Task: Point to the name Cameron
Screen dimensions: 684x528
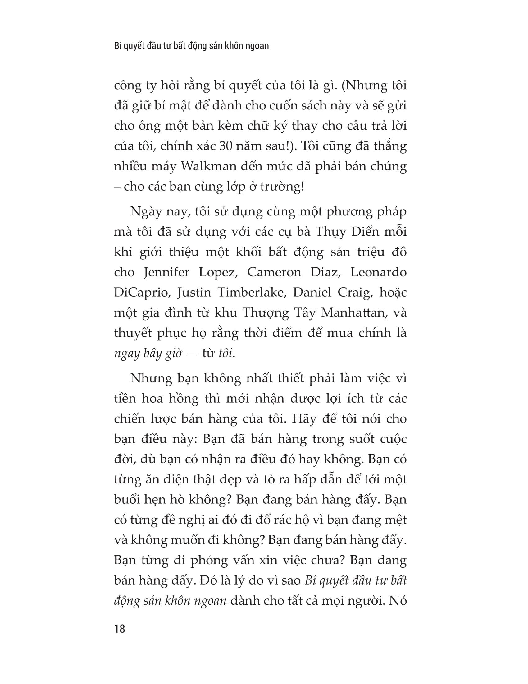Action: pyautogui.click(x=274, y=272)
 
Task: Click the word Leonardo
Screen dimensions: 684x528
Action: pyautogui.click(x=378, y=272)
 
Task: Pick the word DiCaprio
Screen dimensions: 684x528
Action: pyautogui.click(x=142, y=293)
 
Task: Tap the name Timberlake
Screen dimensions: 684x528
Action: pyautogui.click(x=247, y=292)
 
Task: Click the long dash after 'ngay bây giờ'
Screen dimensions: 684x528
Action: pyautogui.click(x=192, y=353)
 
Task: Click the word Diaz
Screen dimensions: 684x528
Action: pyautogui.click(x=325, y=272)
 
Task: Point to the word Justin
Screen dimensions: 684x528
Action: pyautogui.click(x=192, y=292)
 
